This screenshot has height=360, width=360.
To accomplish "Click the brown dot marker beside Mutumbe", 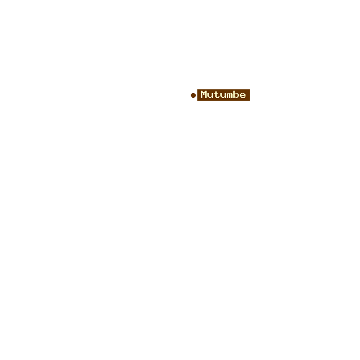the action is (193, 95).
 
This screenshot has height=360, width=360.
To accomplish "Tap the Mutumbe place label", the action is (223, 95).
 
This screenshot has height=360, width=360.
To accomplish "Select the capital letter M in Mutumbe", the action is (204, 94).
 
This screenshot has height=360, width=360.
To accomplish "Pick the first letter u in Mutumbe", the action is (210, 95).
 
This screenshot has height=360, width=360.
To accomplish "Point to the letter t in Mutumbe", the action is (216, 94).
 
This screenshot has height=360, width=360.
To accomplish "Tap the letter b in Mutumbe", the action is (235, 94).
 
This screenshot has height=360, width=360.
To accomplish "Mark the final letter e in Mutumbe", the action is (243, 95).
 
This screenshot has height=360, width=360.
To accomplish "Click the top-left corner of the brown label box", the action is (197, 89).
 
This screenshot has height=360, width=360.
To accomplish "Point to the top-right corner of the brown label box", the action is (250, 89).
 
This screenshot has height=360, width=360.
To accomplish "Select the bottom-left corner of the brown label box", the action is (197, 101).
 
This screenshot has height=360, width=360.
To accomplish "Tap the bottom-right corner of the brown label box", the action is (250, 101).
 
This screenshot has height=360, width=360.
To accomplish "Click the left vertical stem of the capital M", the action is (202, 94).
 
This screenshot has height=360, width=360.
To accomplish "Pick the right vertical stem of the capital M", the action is (206, 94).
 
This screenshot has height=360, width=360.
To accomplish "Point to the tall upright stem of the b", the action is (234, 94).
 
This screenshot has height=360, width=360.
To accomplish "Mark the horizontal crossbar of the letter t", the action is (216, 93).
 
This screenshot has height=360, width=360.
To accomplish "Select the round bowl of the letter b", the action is (236, 95).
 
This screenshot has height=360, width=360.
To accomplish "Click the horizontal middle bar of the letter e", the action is (243, 95).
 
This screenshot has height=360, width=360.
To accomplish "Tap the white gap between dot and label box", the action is (197, 95).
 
